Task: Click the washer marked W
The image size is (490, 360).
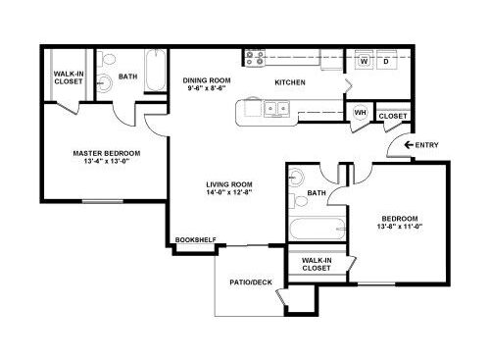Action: (x=364, y=60)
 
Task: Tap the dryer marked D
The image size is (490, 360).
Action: (x=386, y=60)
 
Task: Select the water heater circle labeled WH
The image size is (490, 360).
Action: (x=361, y=113)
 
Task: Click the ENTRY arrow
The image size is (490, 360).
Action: (x=409, y=144)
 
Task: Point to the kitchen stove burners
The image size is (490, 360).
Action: (x=255, y=58)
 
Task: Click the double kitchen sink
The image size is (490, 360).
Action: (x=276, y=108)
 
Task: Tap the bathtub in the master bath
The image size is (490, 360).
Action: (x=155, y=71)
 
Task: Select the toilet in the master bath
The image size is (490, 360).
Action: (x=107, y=59)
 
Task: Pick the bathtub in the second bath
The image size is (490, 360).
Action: (x=318, y=229)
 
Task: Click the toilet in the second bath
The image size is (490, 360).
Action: (x=298, y=200)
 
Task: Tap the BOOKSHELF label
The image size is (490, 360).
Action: (x=196, y=239)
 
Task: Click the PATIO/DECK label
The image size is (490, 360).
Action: (x=251, y=283)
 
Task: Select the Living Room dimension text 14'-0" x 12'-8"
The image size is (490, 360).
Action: (x=228, y=192)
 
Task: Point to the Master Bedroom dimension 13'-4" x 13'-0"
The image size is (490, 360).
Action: (x=107, y=161)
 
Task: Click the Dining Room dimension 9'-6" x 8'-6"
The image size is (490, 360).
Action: (x=207, y=88)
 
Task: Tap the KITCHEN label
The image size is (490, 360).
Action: (x=290, y=82)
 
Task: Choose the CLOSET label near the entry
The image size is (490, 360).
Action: (x=393, y=116)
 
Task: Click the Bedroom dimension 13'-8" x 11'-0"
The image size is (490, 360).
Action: (x=400, y=227)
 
